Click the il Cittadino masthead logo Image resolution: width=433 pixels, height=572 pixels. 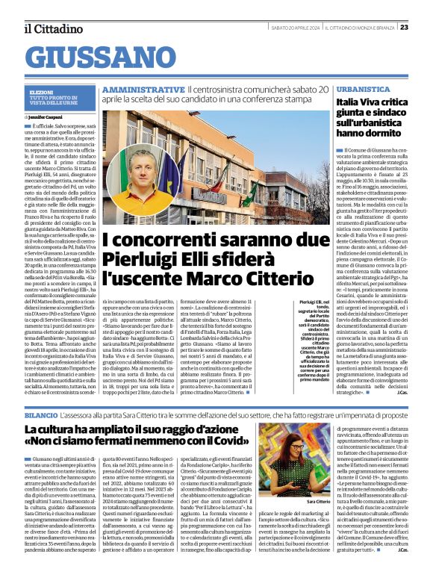(x=53, y=28)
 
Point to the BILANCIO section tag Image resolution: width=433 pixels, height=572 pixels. (x=40, y=412)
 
